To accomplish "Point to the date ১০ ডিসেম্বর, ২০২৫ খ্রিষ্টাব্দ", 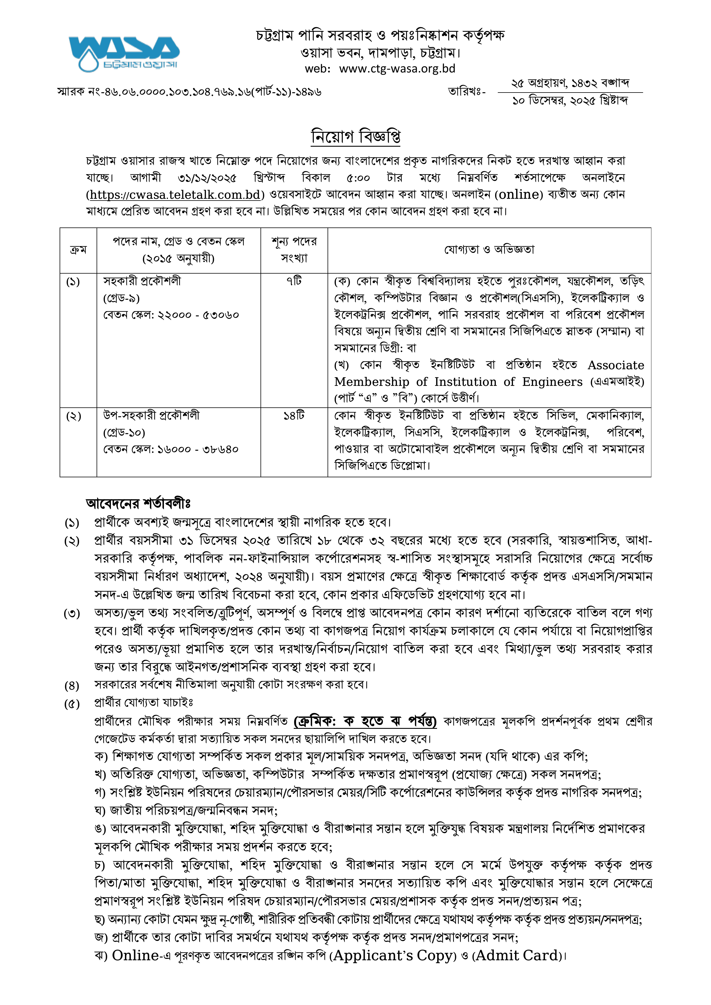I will click(570, 101).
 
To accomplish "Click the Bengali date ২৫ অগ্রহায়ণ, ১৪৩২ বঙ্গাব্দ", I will click(570, 83).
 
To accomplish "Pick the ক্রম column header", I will click(78, 250).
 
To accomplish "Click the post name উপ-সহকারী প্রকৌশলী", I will click(151, 415).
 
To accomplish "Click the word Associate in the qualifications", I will click(616, 365).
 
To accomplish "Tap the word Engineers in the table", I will click(552, 382).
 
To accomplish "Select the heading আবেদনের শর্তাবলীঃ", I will click(138, 503).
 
